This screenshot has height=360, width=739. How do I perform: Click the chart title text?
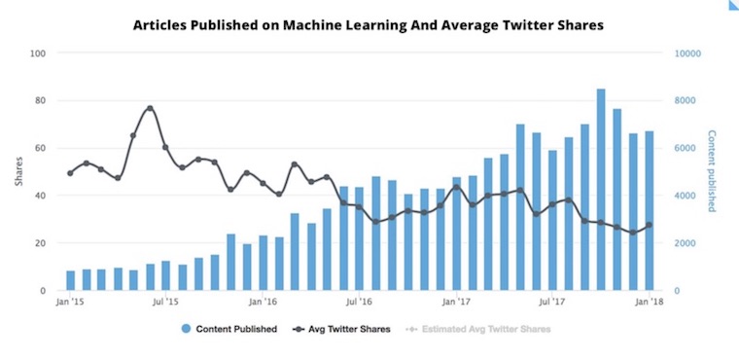click(369, 25)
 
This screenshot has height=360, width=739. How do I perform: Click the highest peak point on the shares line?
click(150, 108)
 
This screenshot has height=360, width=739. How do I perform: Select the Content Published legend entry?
click(229, 329)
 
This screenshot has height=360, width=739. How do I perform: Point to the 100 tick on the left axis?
click(40, 54)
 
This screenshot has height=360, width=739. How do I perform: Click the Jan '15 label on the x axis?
click(70, 304)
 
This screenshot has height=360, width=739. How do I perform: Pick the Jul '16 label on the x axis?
click(360, 304)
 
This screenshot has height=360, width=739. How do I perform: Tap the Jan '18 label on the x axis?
click(649, 304)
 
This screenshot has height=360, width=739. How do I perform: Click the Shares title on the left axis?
click(17, 172)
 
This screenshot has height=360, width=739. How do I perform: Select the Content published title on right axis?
click(713, 172)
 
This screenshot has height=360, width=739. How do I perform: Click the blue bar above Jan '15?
click(70, 280)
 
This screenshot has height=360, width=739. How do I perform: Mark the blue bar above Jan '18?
click(649, 211)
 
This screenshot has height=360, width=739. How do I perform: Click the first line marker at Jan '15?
click(70, 173)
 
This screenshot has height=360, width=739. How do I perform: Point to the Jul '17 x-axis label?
click(552, 304)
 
